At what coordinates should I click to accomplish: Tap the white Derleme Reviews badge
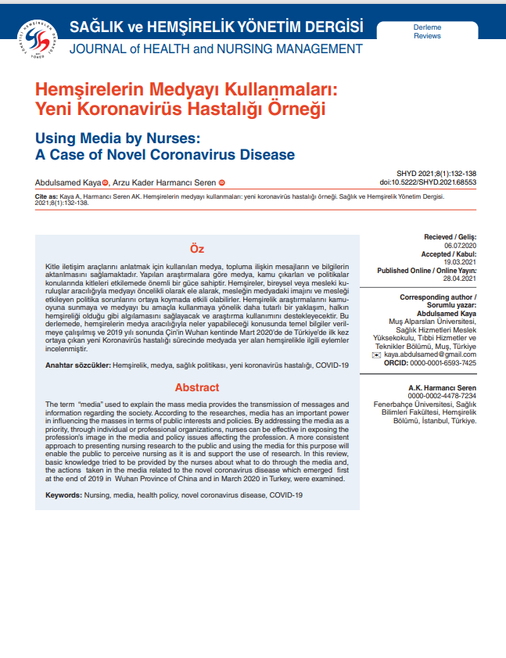[x=427, y=31]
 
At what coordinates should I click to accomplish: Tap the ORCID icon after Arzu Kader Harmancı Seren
[x=221, y=182]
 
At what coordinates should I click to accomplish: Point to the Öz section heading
[x=197, y=250]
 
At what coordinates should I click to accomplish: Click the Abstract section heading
[x=197, y=387]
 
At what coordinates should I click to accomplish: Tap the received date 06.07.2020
[x=460, y=245]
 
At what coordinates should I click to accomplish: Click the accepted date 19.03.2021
[x=460, y=262]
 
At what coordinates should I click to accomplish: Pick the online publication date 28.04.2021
[x=460, y=279]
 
